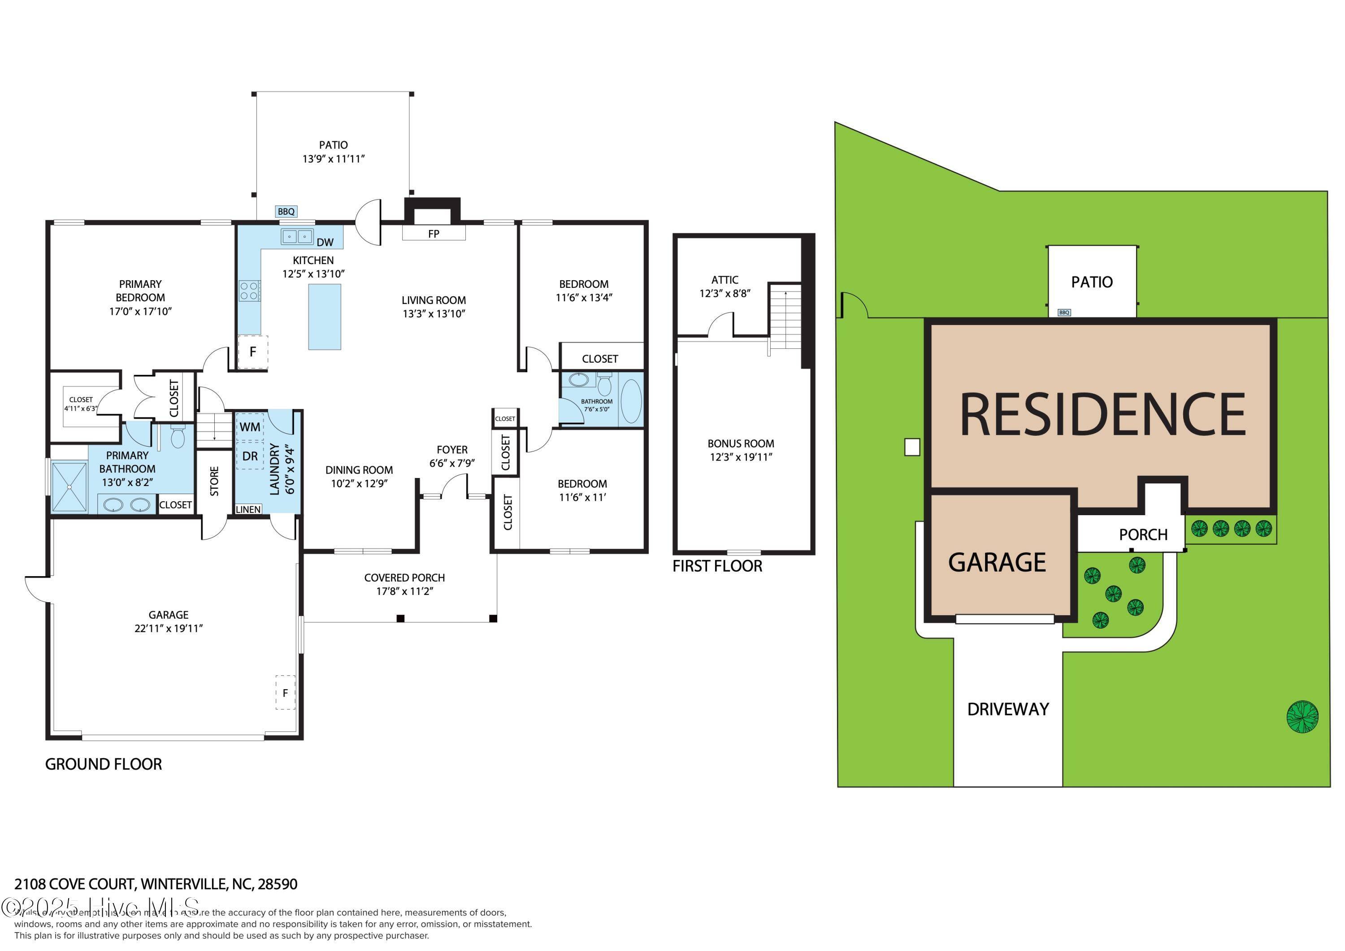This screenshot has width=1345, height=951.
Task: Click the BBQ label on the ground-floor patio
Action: tap(286, 212)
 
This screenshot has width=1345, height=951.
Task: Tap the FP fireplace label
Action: tap(434, 234)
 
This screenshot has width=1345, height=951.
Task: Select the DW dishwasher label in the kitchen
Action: tap(325, 242)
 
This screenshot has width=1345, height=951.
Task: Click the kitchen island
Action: tap(325, 317)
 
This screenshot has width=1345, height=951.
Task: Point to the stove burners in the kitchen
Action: tap(249, 291)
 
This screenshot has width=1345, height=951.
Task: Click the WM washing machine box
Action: tap(250, 426)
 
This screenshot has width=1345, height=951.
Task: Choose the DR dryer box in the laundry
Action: tap(250, 456)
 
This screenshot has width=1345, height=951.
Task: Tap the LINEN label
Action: tap(248, 509)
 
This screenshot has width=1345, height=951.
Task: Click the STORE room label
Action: tap(214, 481)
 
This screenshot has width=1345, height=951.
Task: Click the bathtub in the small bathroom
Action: tap(631, 401)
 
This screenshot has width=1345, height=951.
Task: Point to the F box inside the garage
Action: tap(285, 693)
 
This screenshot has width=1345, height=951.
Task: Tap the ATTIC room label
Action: tap(725, 280)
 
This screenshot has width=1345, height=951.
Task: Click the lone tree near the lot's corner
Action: tap(1302, 717)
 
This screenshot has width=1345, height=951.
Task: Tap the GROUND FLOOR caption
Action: tap(104, 764)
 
